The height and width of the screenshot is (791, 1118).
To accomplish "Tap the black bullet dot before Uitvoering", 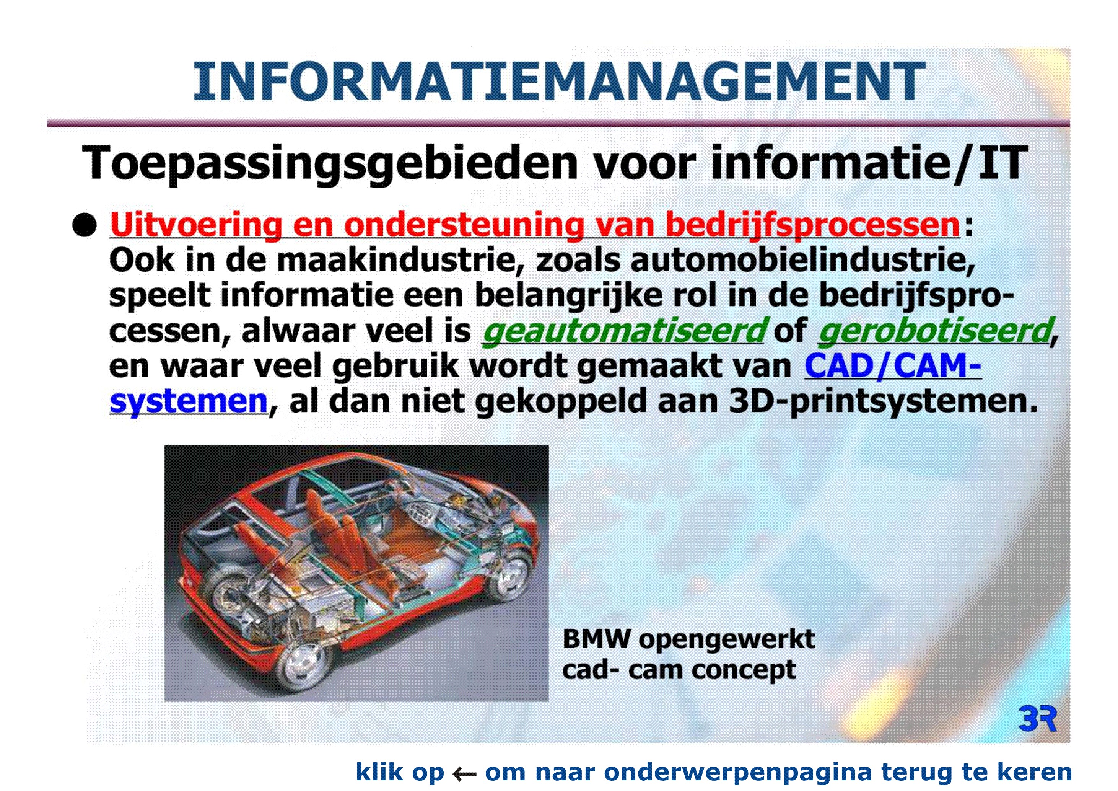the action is pyautogui.click(x=84, y=225).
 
